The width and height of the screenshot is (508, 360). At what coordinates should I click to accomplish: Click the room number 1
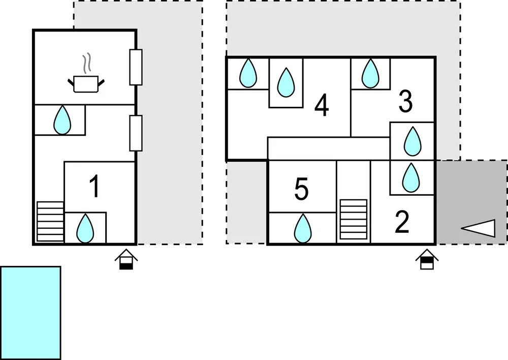[x=94, y=186]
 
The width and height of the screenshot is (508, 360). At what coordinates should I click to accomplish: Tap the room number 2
[x=402, y=222]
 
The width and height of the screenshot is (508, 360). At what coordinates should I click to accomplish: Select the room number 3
[x=405, y=102]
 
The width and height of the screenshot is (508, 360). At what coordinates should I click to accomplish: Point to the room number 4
[x=322, y=105]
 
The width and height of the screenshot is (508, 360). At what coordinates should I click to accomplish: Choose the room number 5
[x=301, y=189]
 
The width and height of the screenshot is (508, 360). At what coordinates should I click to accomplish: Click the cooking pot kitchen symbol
[x=86, y=84]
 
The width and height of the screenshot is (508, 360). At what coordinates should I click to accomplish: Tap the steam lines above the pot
[x=86, y=63]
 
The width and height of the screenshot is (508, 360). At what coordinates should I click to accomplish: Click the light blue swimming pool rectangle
[x=30, y=313]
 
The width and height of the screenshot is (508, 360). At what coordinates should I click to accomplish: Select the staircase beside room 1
[x=50, y=222]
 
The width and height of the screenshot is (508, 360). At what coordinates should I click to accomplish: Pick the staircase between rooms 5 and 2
[x=354, y=220]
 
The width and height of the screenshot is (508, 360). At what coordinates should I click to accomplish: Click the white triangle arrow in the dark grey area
[x=478, y=228]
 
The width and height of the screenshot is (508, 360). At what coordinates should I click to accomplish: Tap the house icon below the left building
[x=126, y=259]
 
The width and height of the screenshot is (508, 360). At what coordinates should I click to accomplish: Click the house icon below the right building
[x=427, y=259]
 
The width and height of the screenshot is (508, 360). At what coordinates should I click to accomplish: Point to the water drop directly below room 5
[x=303, y=228]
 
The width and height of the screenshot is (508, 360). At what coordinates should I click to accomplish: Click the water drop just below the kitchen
[x=62, y=120]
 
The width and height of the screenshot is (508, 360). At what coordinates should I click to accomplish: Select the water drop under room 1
[x=85, y=228]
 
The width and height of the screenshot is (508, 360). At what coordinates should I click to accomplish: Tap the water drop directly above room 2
[x=411, y=178]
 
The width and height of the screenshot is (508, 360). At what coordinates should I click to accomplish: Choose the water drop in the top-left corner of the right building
[x=248, y=73]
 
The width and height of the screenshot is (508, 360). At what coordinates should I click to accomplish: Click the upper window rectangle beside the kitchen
[x=136, y=67]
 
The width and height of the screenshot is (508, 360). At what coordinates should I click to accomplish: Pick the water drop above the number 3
[x=370, y=73]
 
